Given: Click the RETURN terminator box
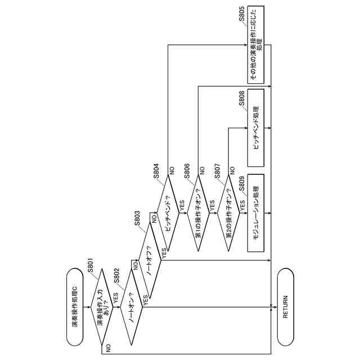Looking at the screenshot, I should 285,307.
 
